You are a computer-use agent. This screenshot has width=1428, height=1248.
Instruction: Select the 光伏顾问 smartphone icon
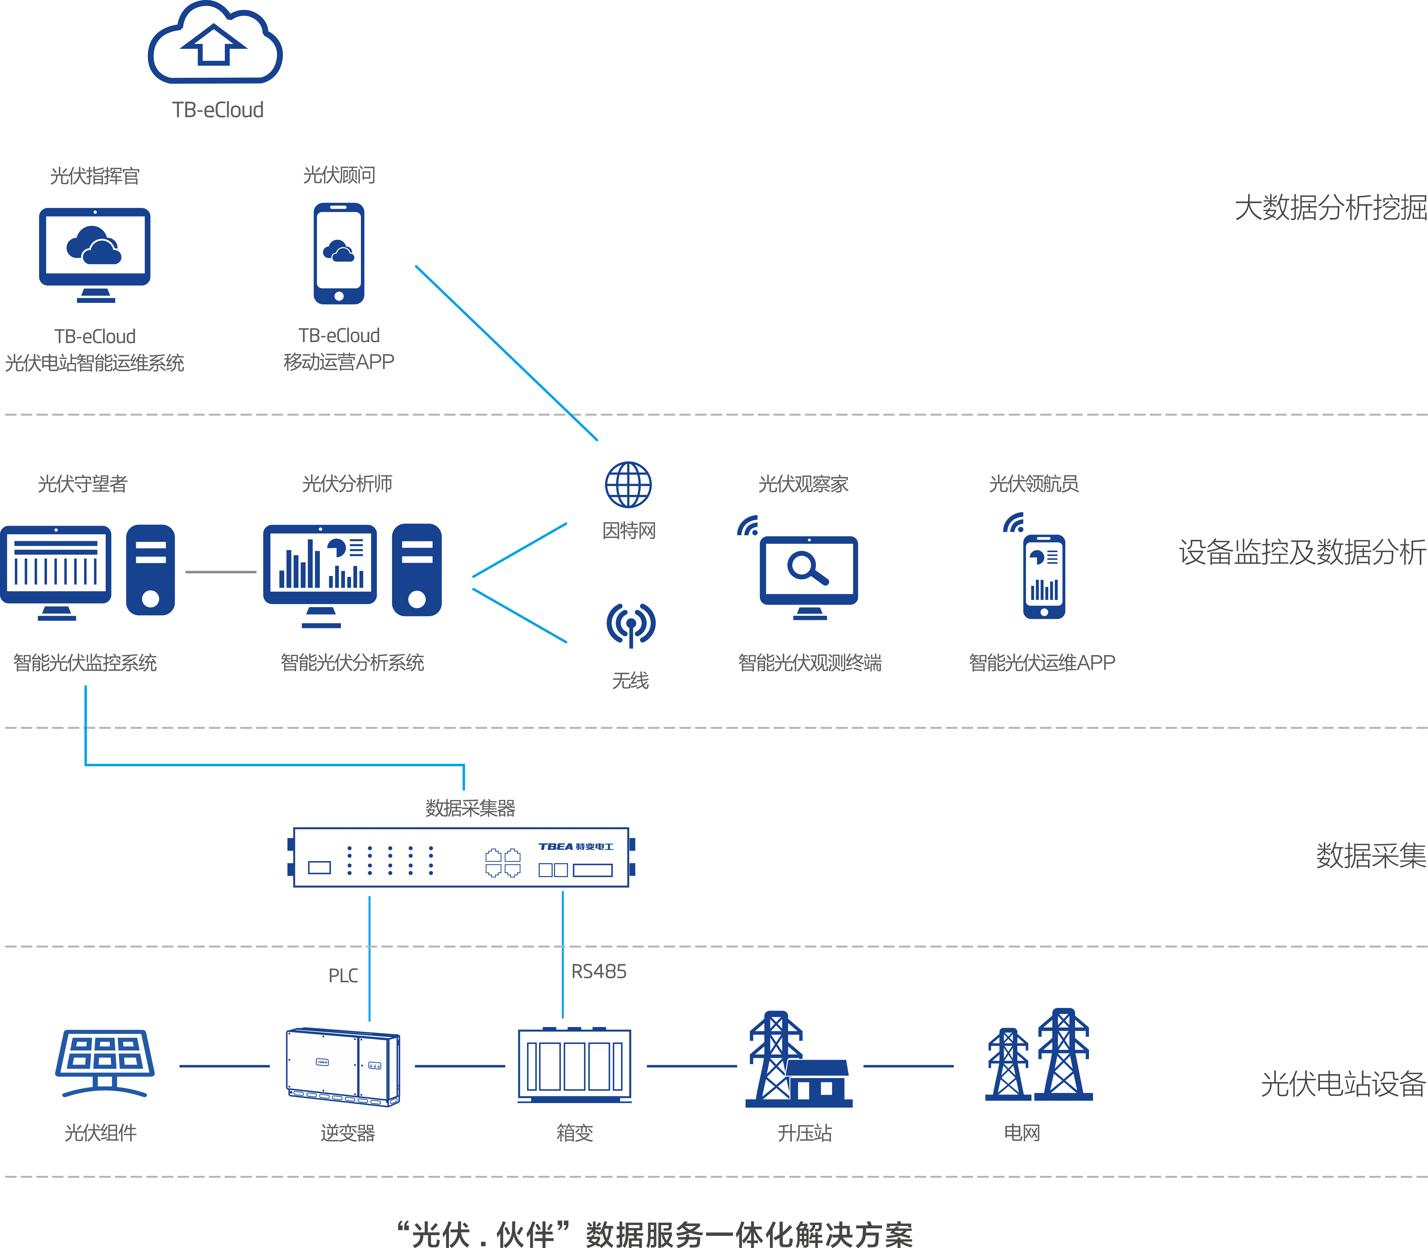(x=339, y=254)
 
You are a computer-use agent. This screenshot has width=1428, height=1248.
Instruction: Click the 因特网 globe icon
(x=628, y=485)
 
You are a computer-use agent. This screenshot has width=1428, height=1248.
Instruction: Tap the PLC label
(x=343, y=975)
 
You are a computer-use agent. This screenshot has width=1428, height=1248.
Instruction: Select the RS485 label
(x=598, y=972)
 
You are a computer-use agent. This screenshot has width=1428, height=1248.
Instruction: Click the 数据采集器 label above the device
(x=470, y=808)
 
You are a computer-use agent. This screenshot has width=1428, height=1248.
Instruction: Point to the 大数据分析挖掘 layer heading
(x=1330, y=208)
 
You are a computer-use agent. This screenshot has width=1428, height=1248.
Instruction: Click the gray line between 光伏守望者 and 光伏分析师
(x=221, y=572)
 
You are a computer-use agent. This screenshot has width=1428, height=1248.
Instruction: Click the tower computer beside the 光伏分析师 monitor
(x=417, y=570)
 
